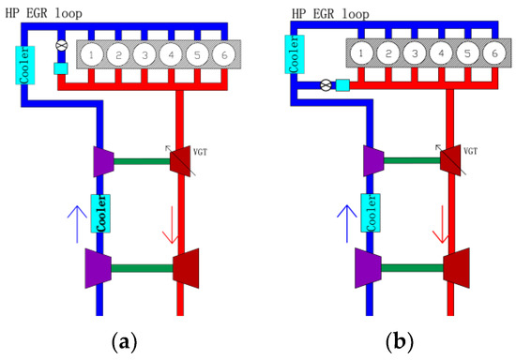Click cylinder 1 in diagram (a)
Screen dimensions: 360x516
coord(90,53)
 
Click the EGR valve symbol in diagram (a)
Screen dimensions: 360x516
coord(62,45)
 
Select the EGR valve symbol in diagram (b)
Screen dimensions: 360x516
coord(326,85)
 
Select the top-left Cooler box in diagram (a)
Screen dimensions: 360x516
coord(25,63)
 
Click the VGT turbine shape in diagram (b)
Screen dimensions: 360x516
coord(452,160)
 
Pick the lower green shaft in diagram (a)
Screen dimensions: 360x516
coord(141,268)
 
